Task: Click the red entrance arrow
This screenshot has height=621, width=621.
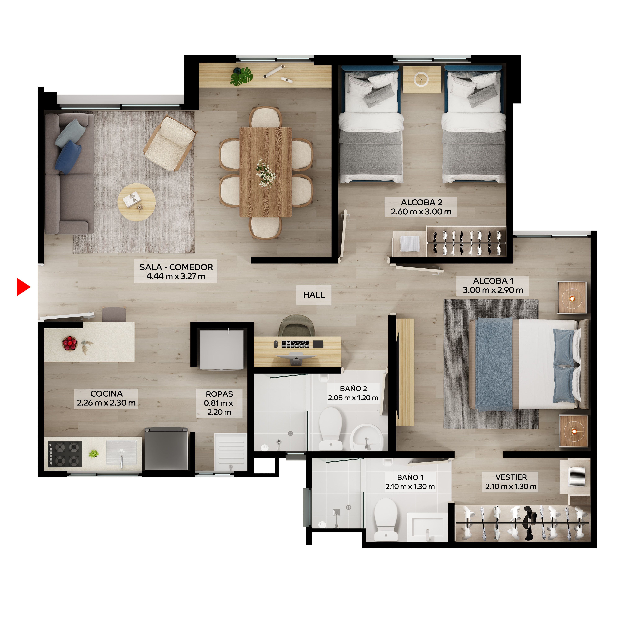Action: coord(23,287)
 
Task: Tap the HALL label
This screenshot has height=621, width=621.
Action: coord(313,295)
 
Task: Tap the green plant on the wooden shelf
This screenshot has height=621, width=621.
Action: coord(242,77)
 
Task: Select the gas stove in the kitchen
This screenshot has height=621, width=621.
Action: coord(65,454)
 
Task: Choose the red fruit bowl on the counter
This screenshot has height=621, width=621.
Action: coord(70,343)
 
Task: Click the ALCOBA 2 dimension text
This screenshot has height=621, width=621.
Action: coord(421,211)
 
